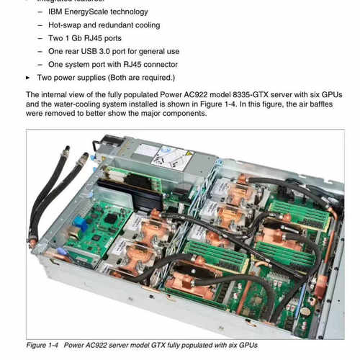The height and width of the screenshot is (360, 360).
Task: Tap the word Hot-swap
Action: click(65, 24)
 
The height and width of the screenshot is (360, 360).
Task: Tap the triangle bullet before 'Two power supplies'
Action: click(28, 77)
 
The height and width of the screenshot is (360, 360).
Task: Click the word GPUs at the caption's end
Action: click(246, 346)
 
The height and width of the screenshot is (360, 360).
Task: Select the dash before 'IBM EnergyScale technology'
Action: click(40, 12)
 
